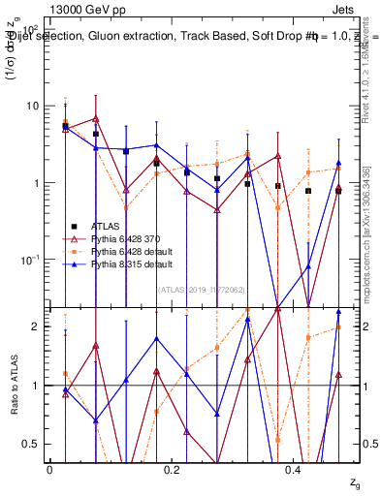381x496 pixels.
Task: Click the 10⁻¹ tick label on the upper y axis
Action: click(31, 260)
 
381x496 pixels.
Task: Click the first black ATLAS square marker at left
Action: click(65, 126)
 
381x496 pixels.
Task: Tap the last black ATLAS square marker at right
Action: click(338, 191)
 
